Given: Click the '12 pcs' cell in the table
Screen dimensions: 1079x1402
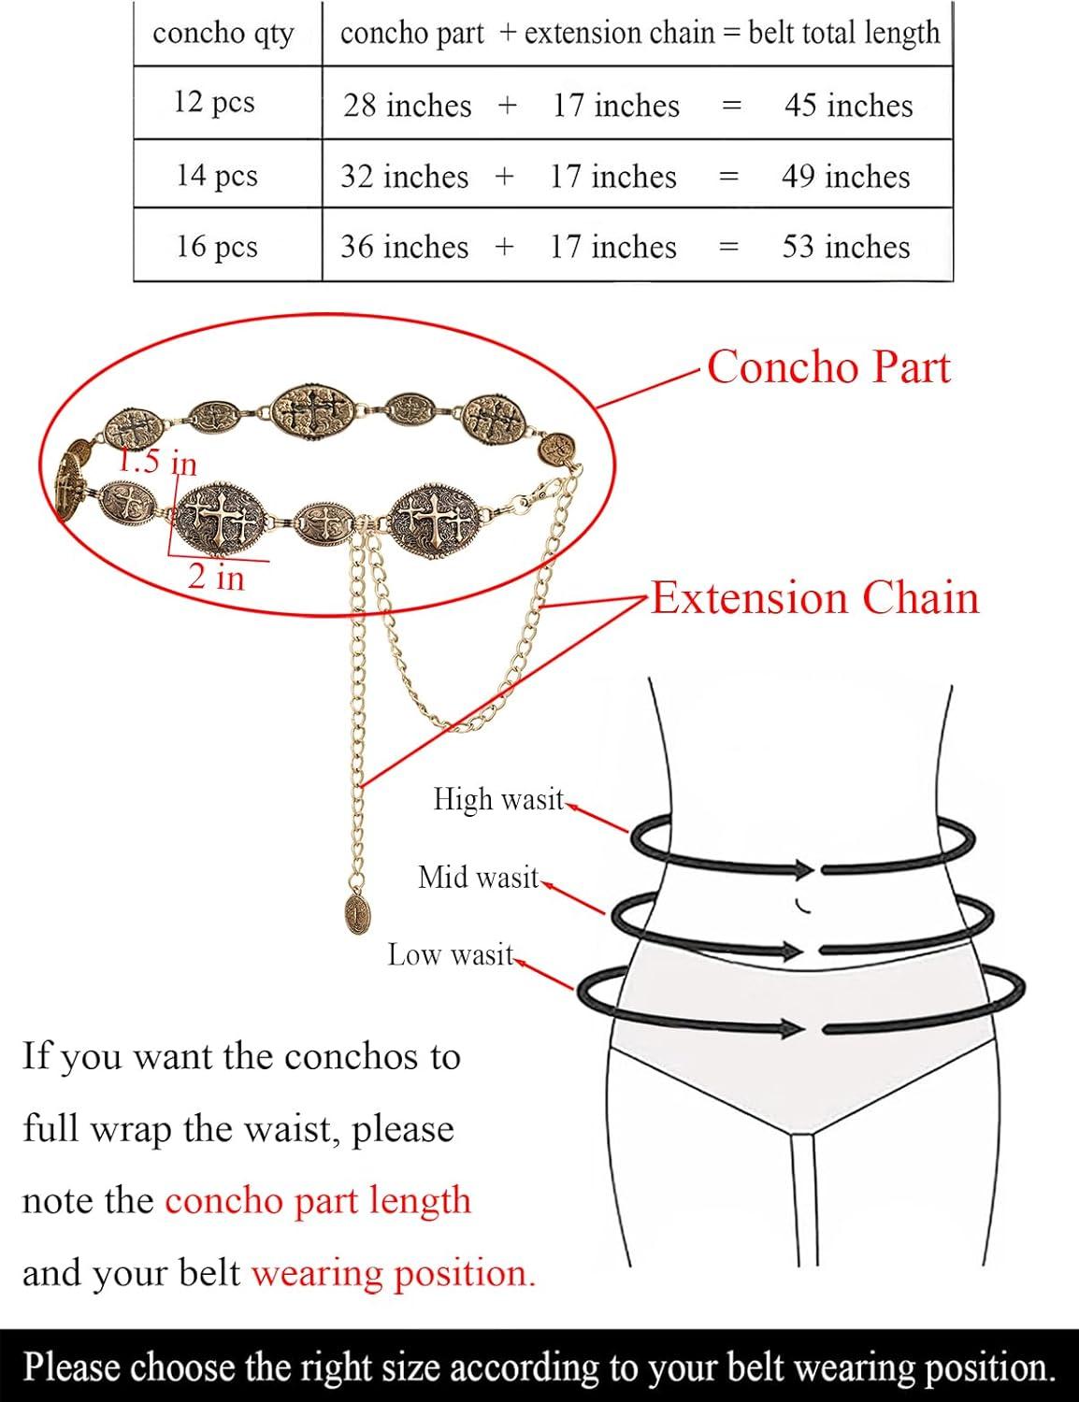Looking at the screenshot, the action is point(214,102).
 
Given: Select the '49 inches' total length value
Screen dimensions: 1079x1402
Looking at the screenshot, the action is point(846,176).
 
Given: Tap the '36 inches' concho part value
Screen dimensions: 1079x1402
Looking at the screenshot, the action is point(405,247).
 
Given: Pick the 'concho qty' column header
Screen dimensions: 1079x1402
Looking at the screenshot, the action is point(223,34).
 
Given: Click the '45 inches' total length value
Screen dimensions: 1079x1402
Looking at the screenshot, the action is point(849,106).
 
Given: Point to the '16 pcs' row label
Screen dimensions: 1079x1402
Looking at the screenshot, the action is point(217,247).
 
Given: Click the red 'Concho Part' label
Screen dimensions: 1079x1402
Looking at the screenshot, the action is point(829,367).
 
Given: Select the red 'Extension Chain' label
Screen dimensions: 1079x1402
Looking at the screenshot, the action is point(815,597).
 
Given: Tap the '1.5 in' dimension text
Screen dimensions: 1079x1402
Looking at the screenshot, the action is point(157,463).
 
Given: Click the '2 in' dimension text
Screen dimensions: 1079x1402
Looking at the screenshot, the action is point(217,577).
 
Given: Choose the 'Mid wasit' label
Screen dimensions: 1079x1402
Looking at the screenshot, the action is point(478,878).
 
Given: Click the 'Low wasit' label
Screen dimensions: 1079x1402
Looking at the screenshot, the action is point(451,955).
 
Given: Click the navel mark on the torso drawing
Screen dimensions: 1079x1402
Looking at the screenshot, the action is point(802,906).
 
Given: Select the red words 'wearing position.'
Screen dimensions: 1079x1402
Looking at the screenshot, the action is point(394,1274).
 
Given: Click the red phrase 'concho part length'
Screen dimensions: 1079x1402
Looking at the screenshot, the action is point(318,1201).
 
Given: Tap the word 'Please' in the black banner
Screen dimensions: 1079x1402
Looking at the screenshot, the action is point(72,1366).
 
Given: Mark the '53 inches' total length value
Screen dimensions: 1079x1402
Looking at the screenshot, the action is point(846,247).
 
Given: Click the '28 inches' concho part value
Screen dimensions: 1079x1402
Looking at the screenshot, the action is point(408,106).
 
